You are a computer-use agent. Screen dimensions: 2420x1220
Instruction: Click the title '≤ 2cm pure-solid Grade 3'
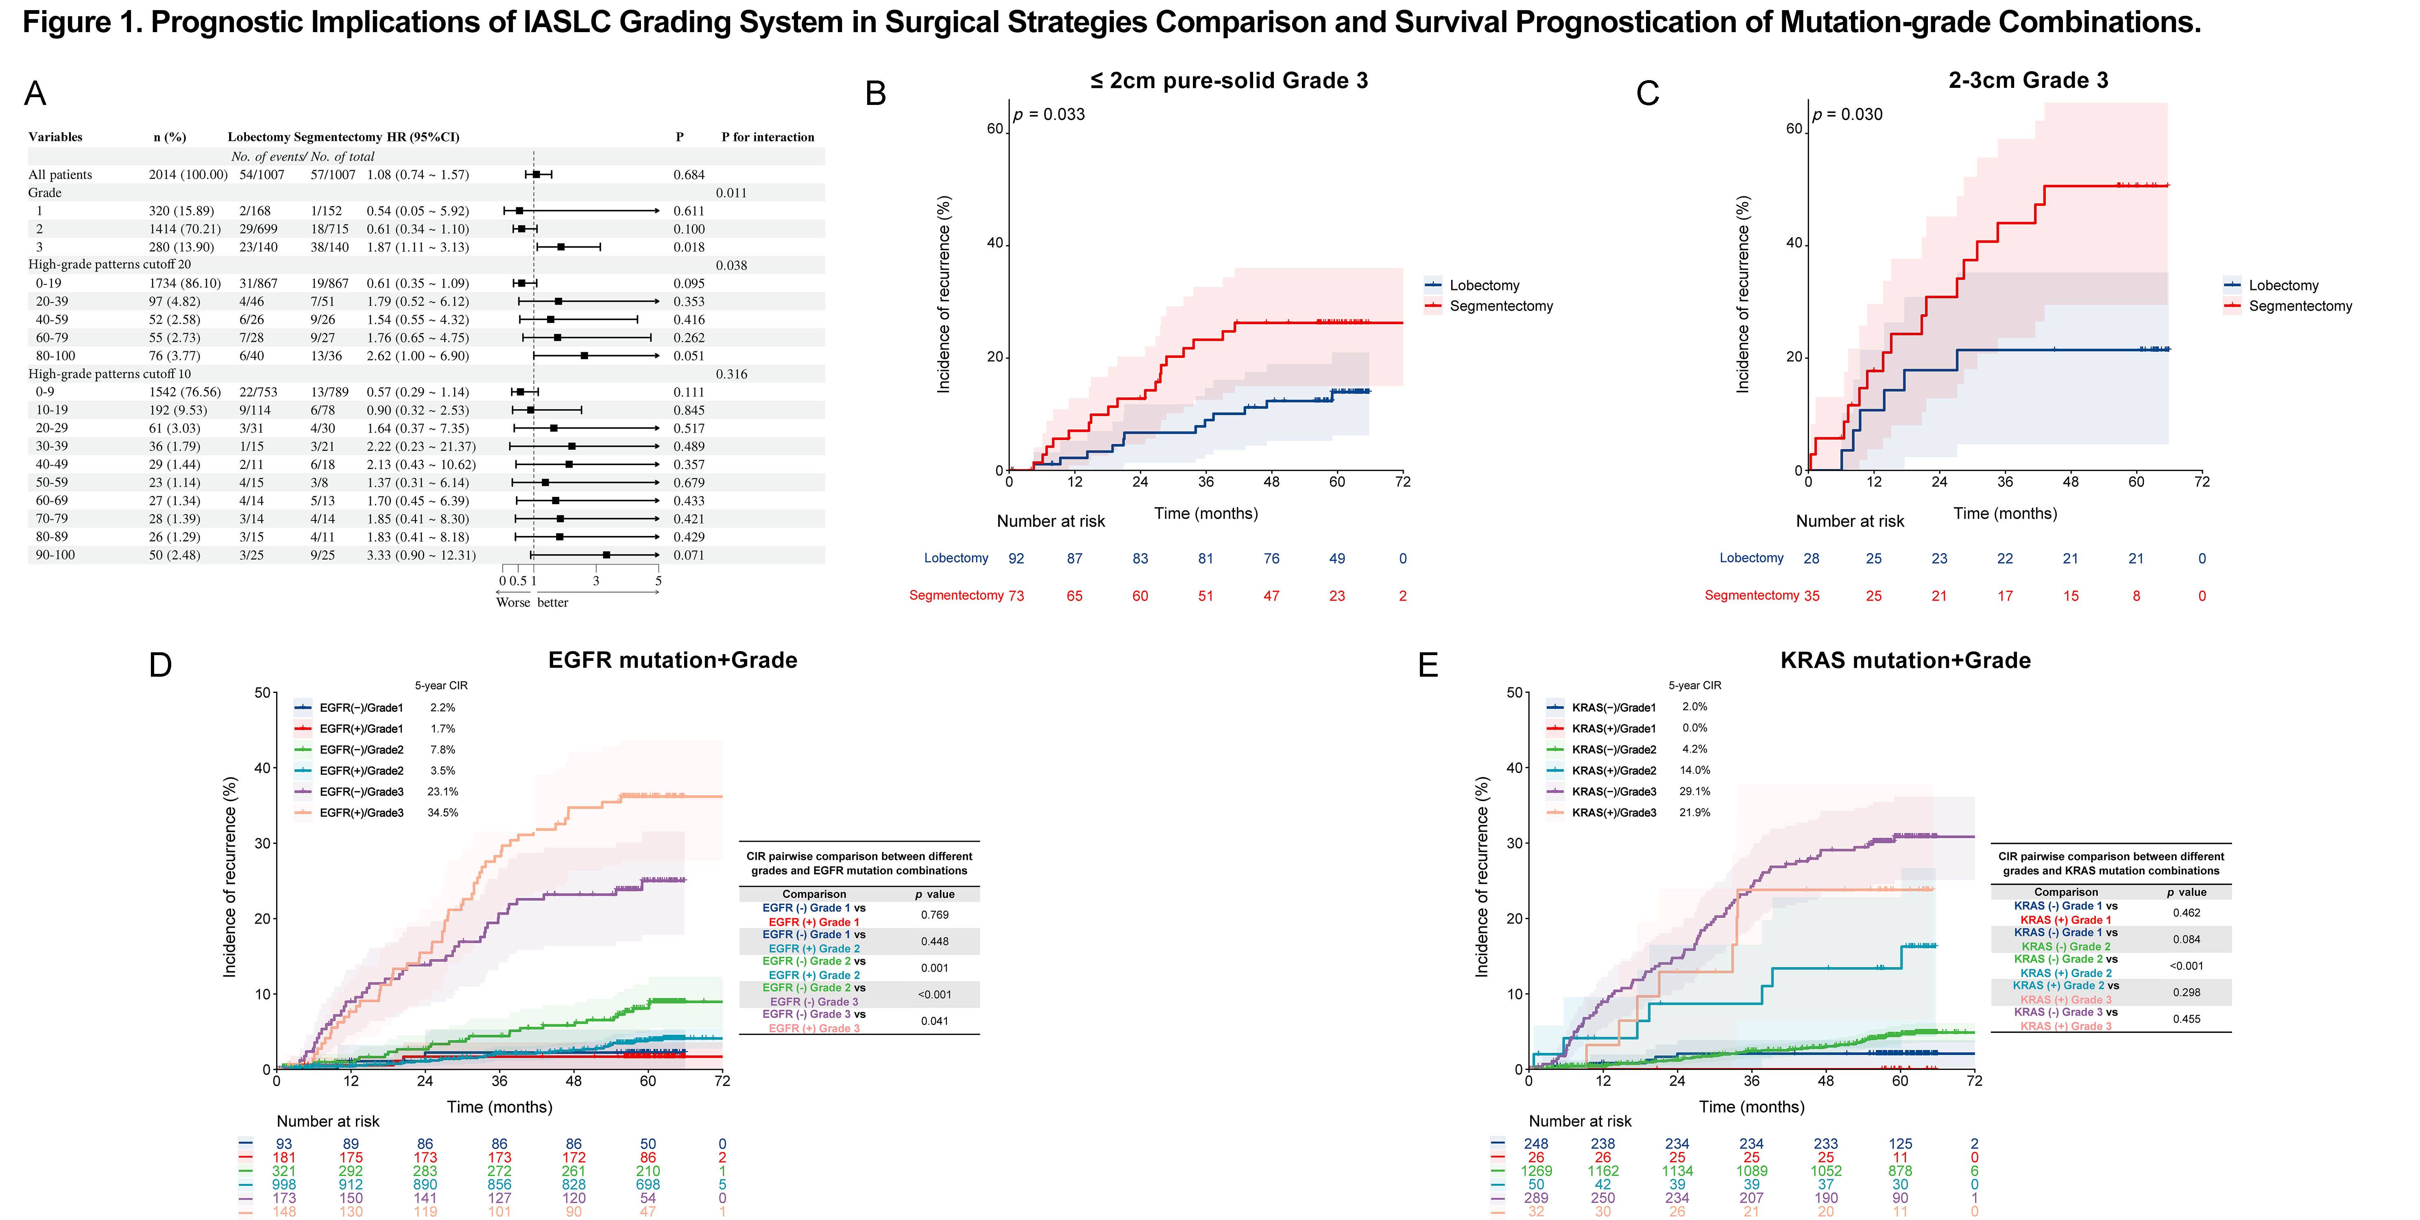coord(1229,81)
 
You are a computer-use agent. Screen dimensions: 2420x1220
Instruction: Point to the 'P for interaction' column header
coord(767,137)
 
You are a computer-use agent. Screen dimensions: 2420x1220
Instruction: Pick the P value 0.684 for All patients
coord(689,175)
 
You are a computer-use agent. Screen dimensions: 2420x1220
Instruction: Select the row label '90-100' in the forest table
coord(55,555)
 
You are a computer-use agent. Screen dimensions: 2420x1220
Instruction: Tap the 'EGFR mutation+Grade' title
coord(673,660)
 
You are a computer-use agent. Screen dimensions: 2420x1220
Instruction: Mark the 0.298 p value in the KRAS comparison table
coord(2186,993)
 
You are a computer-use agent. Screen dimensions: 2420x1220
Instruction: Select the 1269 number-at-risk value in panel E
coord(1536,1171)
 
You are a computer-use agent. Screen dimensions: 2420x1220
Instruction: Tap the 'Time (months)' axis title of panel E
coord(1751,1107)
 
